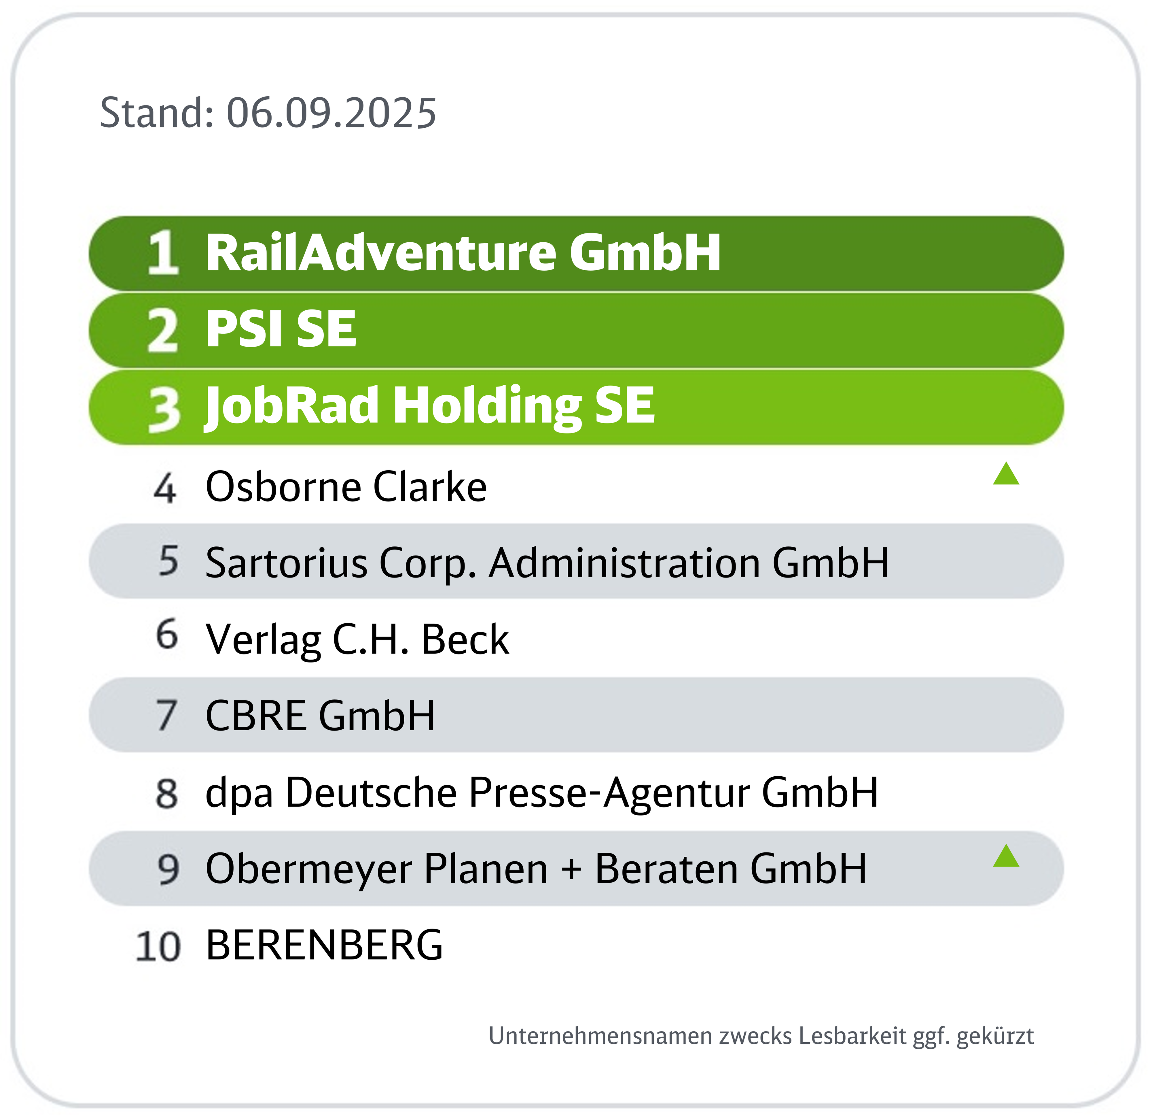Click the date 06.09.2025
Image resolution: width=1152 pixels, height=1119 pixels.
331,113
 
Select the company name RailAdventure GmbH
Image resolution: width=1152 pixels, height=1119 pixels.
463,253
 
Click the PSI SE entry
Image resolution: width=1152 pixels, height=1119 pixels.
281,329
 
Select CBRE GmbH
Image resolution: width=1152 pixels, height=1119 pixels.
320,716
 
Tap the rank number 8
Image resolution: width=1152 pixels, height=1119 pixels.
167,793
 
